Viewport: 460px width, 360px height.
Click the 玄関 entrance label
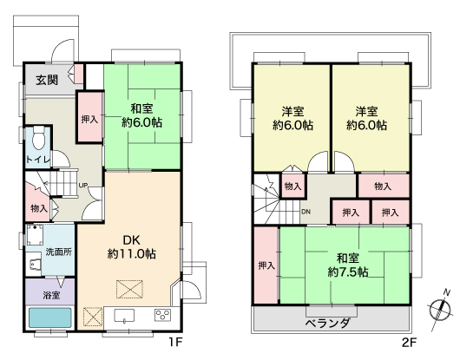[x=47, y=80]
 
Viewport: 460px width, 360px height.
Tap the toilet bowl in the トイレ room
[x=38, y=138]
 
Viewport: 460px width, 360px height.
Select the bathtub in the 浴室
[x=49, y=317]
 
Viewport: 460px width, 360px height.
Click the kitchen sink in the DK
[x=124, y=316]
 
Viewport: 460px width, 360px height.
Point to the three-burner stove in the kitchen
[x=163, y=315]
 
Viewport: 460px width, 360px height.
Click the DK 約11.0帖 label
[x=132, y=247]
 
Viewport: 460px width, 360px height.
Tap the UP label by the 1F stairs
[x=83, y=186]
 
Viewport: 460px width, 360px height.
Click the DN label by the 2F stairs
[x=306, y=212]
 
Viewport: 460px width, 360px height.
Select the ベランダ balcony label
[x=328, y=323]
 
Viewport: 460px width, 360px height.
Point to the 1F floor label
[x=175, y=342]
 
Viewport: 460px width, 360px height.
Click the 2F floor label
[x=409, y=342]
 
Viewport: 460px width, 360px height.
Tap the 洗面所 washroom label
[x=59, y=252]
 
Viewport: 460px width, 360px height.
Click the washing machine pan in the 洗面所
[x=36, y=235]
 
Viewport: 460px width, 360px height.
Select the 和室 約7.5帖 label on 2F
[x=348, y=265]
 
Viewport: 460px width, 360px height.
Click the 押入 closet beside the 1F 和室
[x=90, y=118]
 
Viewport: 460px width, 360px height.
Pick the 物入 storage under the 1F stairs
[x=37, y=202]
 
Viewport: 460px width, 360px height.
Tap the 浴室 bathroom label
[x=51, y=295]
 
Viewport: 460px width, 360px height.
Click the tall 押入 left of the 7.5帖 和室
[x=266, y=265]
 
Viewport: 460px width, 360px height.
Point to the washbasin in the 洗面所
[x=35, y=264]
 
